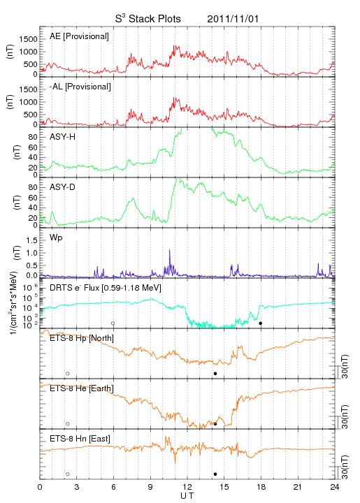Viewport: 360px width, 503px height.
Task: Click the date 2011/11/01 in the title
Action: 233,19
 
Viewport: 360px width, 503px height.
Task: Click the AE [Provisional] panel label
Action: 79,36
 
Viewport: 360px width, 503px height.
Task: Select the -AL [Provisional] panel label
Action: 80,87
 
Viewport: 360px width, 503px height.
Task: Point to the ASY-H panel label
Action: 63,137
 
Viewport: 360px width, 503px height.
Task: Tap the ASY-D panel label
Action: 63,187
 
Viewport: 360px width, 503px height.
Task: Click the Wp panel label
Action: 56,238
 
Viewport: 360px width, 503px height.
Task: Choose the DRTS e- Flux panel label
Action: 106,287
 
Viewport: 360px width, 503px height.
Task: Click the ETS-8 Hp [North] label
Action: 82,338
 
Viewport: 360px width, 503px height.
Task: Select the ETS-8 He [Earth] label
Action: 82,388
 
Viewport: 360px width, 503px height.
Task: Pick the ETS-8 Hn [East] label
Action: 80,439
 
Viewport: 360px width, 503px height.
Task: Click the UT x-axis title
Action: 187,495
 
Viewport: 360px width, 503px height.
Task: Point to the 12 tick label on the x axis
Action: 187,487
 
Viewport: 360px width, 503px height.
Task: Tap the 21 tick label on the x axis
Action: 298,487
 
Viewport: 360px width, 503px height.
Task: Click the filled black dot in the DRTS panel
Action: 261,323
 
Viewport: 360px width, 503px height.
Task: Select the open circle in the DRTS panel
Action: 113,323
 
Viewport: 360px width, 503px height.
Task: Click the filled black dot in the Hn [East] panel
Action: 215,474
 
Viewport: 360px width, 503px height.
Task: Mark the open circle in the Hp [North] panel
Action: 68,373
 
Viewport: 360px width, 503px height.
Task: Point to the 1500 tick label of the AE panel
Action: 28,39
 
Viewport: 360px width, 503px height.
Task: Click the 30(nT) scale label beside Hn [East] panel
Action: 345,467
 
